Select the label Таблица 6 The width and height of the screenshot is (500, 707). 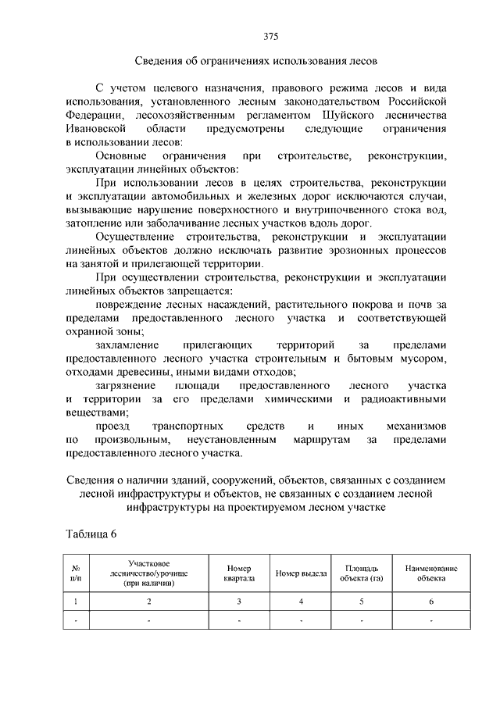pyautogui.click(x=92, y=534)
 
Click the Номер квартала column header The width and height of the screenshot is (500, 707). pyautogui.click(x=239, y=573)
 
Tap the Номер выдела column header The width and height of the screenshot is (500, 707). pyautogui.click(x=301, y=573)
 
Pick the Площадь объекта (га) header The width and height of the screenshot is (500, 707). pyautogui.click(x=361, y=573)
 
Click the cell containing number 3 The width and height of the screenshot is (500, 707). pyautogui.click(x=239, y=601)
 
